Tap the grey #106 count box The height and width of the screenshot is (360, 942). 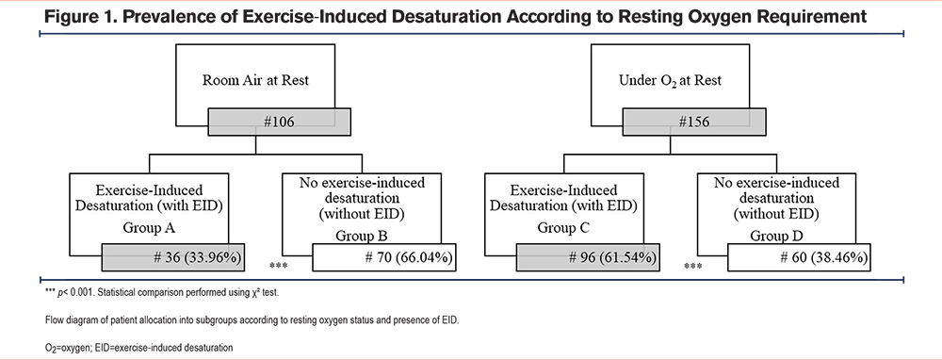[279, 122]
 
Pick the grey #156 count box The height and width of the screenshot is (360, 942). [694, 122]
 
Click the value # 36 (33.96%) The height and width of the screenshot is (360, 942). [198, 258]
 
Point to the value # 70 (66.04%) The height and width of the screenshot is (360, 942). [409, 258]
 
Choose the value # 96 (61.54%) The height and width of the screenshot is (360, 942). [612, 258]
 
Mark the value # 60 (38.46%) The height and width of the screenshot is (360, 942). [823, 258]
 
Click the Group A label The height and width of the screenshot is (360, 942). [149, 228]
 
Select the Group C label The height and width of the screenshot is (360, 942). [563, 228]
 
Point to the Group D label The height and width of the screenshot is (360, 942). [776, 236]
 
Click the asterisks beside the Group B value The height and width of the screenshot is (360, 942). [277, 265]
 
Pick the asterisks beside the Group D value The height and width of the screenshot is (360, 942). [692, 265]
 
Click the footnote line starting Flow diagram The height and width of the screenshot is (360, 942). [252, 320]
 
